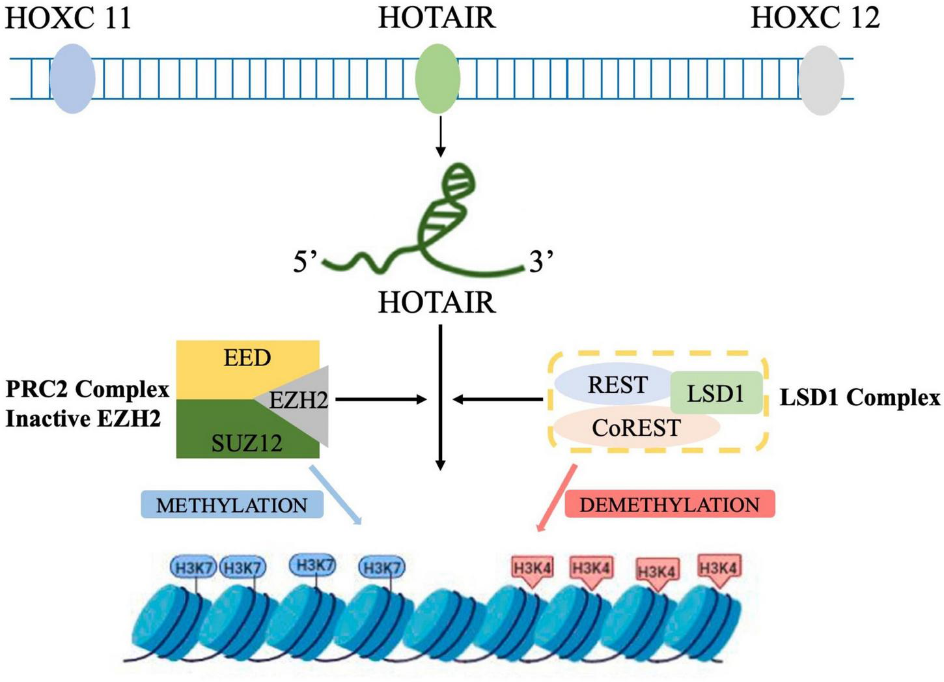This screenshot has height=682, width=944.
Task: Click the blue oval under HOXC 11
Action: click(x=72, y=79)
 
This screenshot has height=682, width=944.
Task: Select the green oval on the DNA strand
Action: click(x=437, y=79)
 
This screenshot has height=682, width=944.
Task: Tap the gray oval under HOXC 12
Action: click(x=821, y=80)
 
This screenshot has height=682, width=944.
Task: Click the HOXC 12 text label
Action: click(x=814, y=18)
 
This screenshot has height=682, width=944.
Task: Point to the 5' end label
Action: click(x=304, y=262)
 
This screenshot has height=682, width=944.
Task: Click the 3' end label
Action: click(x=541, y=262)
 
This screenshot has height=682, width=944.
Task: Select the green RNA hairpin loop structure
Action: click(x=449, y=208)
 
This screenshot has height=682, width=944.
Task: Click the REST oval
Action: click(x=616, y=384)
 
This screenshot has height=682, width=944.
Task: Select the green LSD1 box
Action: click(x=715, y=393)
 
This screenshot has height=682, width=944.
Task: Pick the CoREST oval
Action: click(x=635, y=428)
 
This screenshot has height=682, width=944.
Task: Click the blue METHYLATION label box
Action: click(x=232, y=505)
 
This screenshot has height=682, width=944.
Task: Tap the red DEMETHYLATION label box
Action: click(x=669, y=504)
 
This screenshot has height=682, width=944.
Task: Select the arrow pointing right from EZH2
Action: click(x=381, y=399)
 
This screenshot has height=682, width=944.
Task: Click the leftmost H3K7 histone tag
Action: click(x=193, y=567)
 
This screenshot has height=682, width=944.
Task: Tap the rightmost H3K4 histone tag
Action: click(x=718, y=568)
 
